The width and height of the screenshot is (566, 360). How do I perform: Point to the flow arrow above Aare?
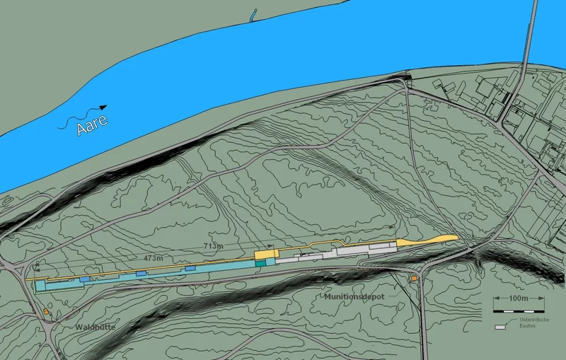(85, 117)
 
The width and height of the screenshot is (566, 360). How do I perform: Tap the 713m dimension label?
(214, 245)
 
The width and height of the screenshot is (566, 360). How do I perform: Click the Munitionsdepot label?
(355, 297)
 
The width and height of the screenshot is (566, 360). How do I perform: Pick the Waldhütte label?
(96, 327)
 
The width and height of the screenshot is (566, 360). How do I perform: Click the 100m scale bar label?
(517, 298)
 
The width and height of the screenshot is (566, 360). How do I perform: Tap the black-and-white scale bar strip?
(519, 310)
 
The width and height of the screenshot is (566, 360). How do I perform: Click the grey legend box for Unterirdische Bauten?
(501, 327)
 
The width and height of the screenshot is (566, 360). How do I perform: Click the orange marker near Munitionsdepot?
(414, 279)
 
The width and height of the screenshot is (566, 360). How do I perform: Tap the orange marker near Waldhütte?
(46, 312)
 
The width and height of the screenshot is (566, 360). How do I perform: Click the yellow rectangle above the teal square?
(265, 253)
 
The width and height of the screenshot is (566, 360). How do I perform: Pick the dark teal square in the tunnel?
(260, 263)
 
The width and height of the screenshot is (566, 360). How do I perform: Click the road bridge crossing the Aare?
(526, 64)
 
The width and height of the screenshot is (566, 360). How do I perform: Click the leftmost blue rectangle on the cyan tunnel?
(85, 280)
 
